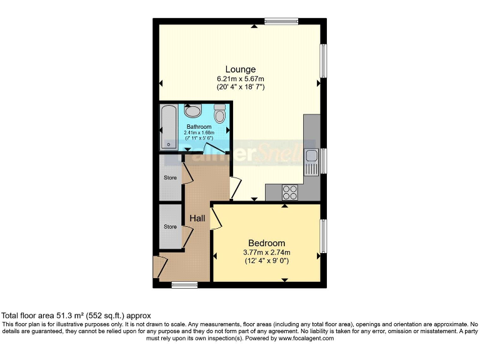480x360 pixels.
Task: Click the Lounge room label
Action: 241,69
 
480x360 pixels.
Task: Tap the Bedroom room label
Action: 267,243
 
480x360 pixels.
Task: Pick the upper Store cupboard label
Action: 170,177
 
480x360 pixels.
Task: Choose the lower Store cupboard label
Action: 170,226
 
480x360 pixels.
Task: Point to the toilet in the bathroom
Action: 219,114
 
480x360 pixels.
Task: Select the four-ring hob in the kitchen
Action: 290,192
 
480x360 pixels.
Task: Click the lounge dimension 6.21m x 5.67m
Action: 241,79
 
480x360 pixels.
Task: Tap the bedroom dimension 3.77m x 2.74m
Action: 267,252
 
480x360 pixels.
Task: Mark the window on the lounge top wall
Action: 281,22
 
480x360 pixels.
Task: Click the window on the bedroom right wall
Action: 323,236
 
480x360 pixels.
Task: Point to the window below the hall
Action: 184,285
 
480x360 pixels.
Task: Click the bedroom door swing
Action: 216,217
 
